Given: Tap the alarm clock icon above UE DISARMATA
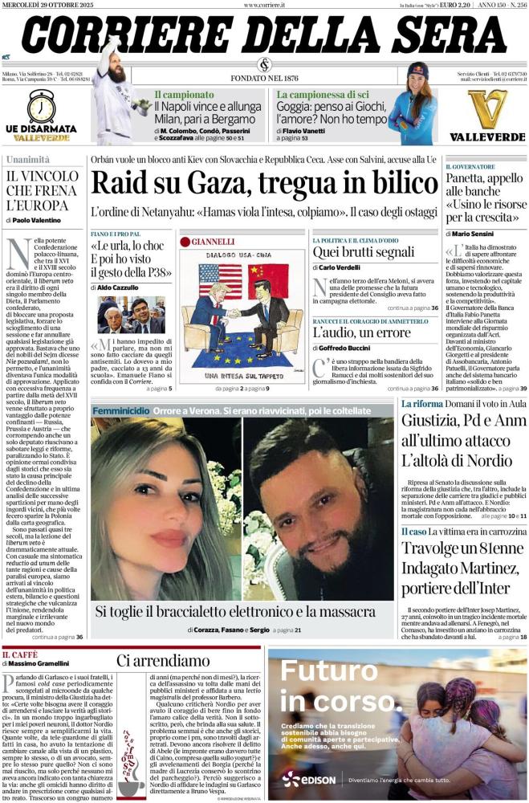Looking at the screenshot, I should click(x=41, y=107).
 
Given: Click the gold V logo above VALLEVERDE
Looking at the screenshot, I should click(x=487, y=108).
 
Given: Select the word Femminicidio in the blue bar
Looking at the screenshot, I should click(x=120, y=410).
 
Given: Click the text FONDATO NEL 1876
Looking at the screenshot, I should click(x=264, y=78).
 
